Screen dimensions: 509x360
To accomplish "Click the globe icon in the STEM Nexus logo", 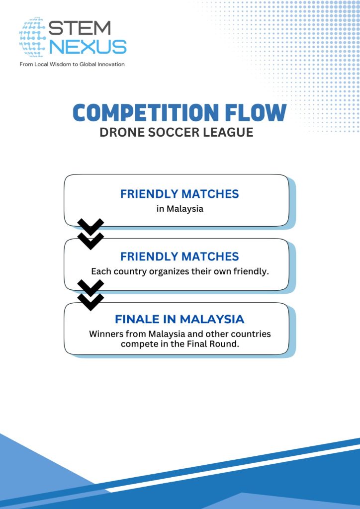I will tap(32, 37).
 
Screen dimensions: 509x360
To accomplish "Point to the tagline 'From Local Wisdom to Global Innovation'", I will tap(72, 65).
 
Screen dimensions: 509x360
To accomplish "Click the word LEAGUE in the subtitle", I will tap(229, 133).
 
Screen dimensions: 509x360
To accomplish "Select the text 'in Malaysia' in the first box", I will tap(180, 209).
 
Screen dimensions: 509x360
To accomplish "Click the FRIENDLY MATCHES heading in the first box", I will tap(180, 193).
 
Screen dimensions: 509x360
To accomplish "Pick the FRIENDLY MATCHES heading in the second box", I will tap(180, 256).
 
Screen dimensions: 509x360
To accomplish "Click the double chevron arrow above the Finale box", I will tap(91, 295).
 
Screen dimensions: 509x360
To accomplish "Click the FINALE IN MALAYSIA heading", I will tap(180, 319).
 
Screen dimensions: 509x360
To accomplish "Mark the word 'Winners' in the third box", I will tap(106, 334).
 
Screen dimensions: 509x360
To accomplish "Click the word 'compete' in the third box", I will tap(137, 344).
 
